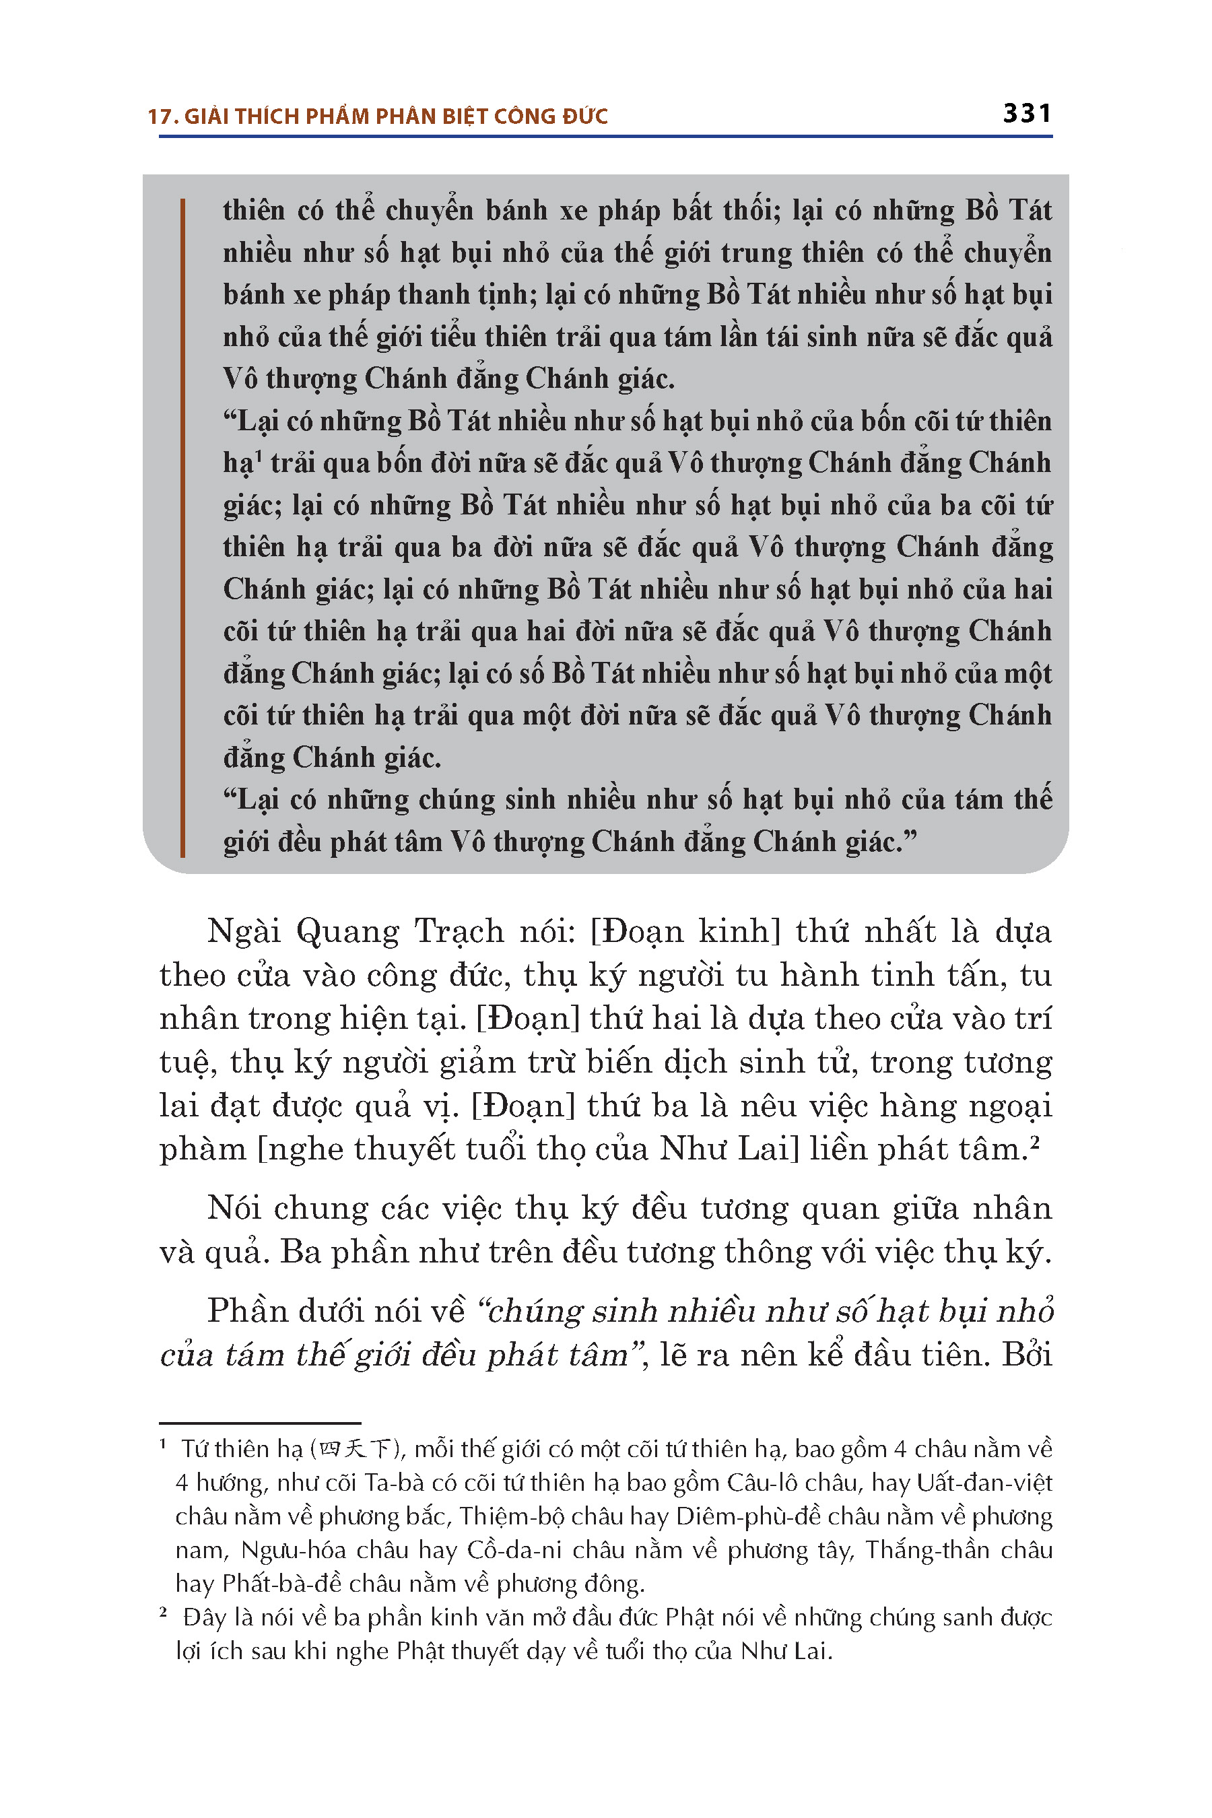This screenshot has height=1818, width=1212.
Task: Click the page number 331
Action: coord(1026,114)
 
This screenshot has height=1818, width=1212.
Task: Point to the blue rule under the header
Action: coord(605,137)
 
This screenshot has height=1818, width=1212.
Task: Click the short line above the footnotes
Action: coord(260,1423)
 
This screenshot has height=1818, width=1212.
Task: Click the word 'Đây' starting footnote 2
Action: coord(202,1618)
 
